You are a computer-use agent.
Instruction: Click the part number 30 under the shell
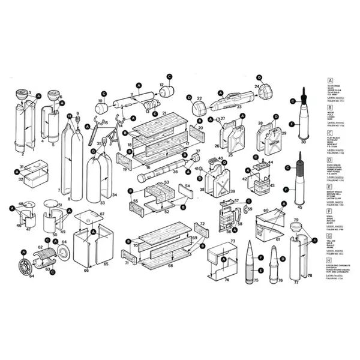(303, 143)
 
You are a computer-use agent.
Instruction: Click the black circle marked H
(70, 116)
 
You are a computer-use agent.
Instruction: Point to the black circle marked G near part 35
(92, 151)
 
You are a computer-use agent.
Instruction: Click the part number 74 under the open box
(227, 280)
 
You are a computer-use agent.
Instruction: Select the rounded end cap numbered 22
(197, 109)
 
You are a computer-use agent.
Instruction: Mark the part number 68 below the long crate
(170, 265)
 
